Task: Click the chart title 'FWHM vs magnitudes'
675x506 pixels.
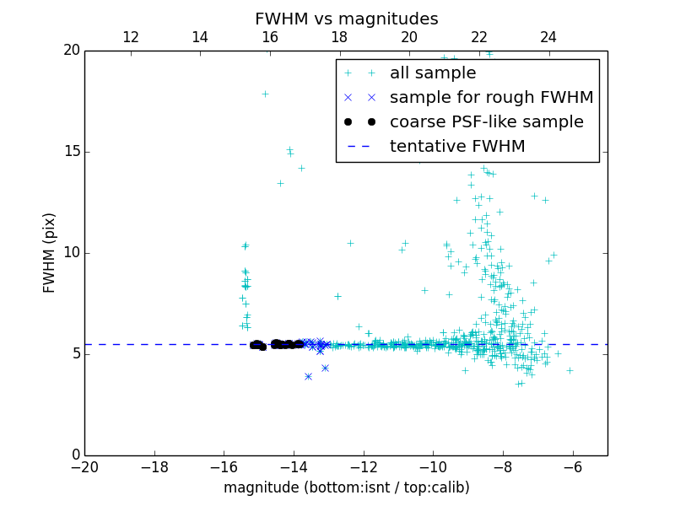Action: click(346, 19)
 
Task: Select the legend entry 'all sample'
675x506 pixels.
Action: click(432, 73)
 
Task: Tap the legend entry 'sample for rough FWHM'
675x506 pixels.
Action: click(491, 98)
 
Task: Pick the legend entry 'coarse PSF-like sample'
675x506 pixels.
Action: click(486, 122)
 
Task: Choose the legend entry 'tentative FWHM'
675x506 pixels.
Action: click(456, 147)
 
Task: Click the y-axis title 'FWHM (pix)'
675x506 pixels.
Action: click(50, 252)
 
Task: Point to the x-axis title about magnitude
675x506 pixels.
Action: click(346, 487)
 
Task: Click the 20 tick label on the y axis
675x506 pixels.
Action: click(71, 51)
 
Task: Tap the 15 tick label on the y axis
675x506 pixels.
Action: click(71, 152)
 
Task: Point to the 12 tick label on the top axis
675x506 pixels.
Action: click(131, 37)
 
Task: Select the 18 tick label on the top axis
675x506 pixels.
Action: click(339, 37)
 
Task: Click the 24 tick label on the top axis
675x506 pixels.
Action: click(548, 37)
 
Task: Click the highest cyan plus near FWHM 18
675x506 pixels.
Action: click(265, 94)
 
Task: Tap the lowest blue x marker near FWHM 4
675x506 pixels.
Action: click(308, 376)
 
